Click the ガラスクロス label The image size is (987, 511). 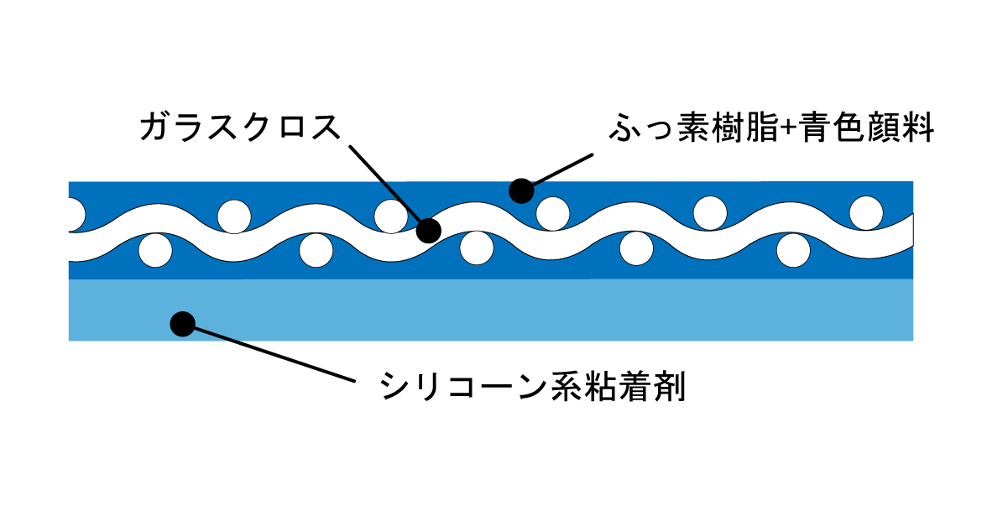[x=242, y=128]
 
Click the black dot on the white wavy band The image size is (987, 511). [x=428, y=230]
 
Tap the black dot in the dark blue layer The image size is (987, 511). [x=521, y=190]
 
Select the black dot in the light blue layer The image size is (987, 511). [x=182, y=323]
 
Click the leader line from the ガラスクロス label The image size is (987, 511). [x=386, y=185]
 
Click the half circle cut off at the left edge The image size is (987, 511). [x=74, y=214]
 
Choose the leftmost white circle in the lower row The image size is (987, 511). [x=155, y=249]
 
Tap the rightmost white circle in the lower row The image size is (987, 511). [x=793, y=249]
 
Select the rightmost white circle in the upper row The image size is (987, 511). [x=866, y=212]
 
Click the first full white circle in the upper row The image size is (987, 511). [x=234, y=216]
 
